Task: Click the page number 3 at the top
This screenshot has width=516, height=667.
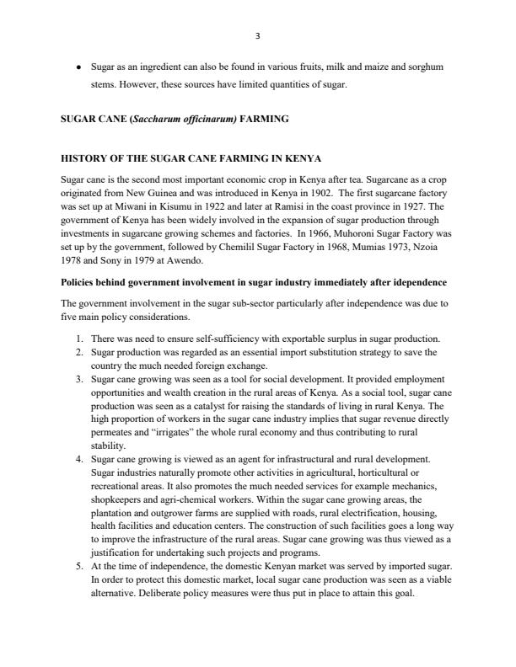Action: pos(257,35)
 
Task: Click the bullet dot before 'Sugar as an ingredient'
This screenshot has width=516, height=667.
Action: pos(78,66)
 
